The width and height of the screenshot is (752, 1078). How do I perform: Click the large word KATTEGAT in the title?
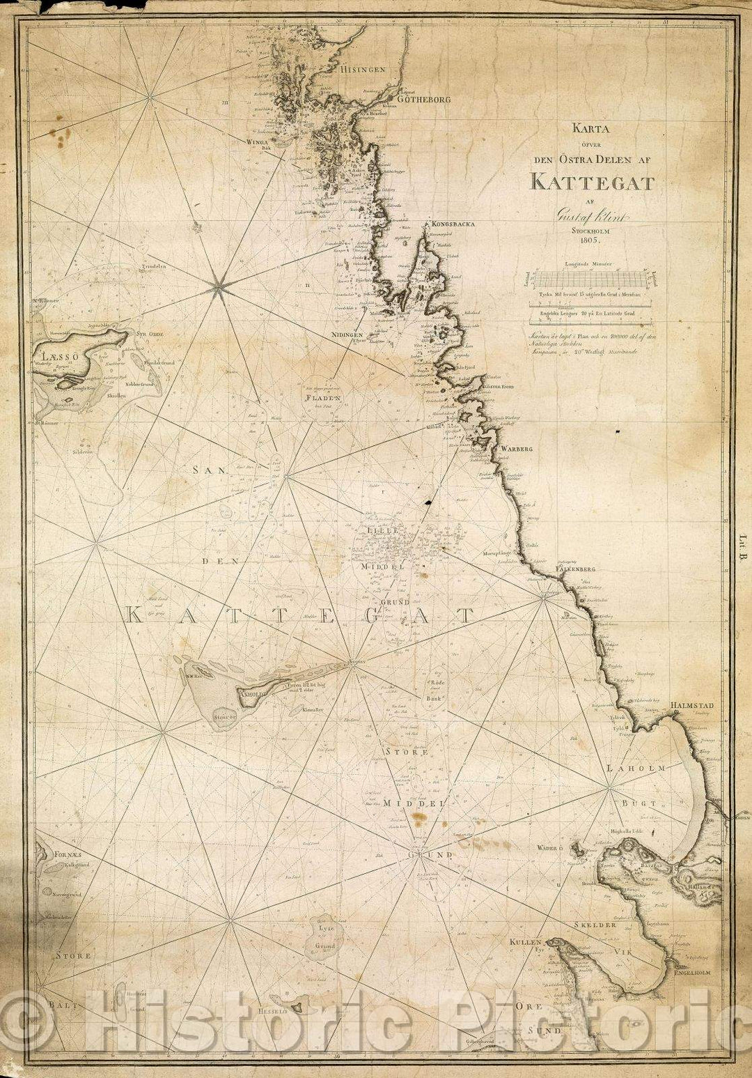[x=592, y=183]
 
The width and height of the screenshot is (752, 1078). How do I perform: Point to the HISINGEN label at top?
[x=363, y=70]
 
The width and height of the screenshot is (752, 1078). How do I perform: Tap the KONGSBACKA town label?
[x=453, y=224]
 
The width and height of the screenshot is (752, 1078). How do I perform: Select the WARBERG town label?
[x=516, y=449]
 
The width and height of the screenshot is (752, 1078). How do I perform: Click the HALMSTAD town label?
[x=692, y=705]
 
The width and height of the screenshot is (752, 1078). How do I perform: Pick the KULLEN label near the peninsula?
[x=526, y=941]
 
